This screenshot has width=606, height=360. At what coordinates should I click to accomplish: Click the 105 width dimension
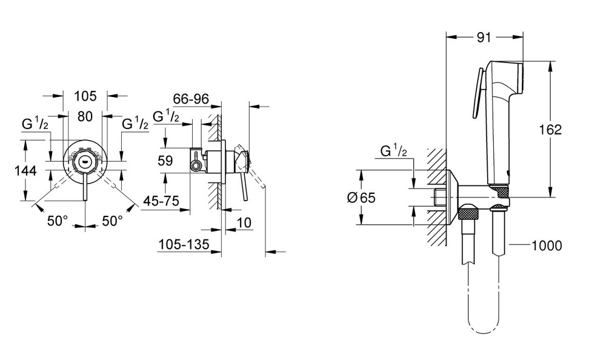[85, 96]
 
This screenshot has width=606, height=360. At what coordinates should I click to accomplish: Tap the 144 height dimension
[25, 171]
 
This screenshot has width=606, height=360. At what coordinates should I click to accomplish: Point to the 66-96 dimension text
[191, 99]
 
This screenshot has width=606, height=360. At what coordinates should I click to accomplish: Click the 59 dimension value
[165, 162]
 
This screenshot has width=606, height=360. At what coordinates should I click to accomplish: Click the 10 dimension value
[244, 222]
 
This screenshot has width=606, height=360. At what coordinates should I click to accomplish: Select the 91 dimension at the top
[483, 37]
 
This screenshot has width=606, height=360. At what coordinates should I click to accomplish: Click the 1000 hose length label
[546, 245]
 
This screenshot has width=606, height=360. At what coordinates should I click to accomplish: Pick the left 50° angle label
[58, 221]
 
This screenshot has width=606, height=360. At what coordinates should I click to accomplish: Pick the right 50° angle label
[112, 221]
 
